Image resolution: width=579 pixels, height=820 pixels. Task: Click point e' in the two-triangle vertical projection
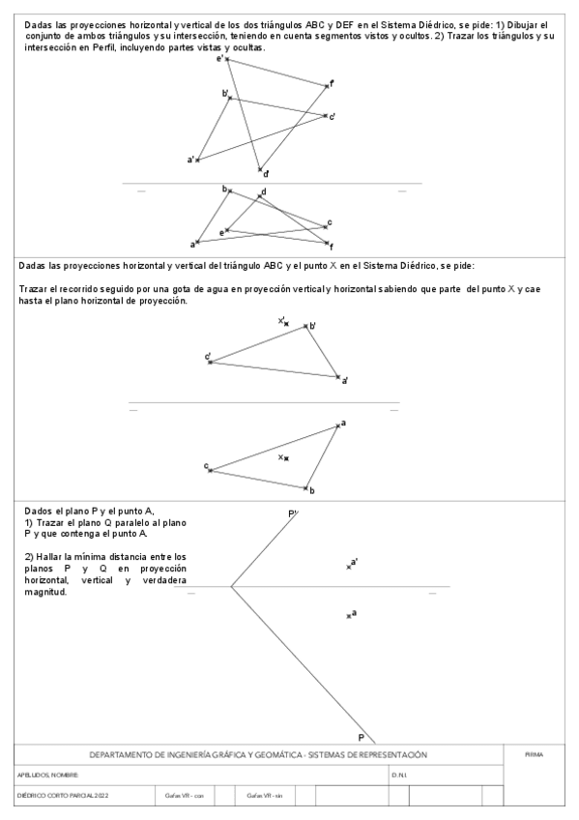coord(227,60)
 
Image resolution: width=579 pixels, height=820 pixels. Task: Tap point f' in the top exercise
coord(329,86)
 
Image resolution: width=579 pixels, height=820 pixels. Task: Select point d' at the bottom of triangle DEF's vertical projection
coord(260,170)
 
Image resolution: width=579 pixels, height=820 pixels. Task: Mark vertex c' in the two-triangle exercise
coord(327,116)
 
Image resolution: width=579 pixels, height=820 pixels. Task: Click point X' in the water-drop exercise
coord(286,323)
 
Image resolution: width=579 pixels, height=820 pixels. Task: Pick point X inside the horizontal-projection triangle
coord(286,457)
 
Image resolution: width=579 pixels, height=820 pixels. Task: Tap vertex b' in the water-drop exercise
coord(306,326)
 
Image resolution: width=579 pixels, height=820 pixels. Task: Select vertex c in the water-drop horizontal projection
coord(210,470)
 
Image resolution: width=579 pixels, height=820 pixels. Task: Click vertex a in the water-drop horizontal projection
coord(337,425)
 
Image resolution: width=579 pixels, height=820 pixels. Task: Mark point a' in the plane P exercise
coord(349,566)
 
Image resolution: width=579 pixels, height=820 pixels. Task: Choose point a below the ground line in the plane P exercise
coord(349,615)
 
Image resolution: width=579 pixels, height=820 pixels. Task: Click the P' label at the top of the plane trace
coord(292,514)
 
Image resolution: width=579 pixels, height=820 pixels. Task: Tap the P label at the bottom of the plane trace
coord(362,737)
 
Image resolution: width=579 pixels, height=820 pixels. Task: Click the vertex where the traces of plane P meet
coord(231,586)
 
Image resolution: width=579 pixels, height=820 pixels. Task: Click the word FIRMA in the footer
coord(534,755)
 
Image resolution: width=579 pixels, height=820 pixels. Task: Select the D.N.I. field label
coord(399,776)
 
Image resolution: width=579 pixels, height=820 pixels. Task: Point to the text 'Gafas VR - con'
coord(185,796)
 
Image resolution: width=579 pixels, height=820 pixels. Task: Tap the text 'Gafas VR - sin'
coord(265,796)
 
